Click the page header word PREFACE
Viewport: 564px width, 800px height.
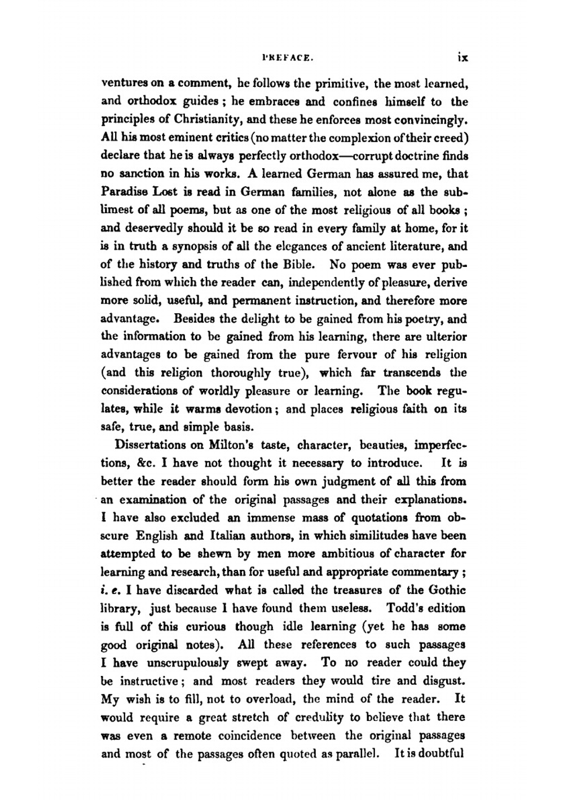[x=280, y=57]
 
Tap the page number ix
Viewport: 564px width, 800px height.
[x=462, y=57]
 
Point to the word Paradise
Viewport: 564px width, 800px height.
[x=124, y=192]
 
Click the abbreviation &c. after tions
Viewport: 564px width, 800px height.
[x=146, y=463]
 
